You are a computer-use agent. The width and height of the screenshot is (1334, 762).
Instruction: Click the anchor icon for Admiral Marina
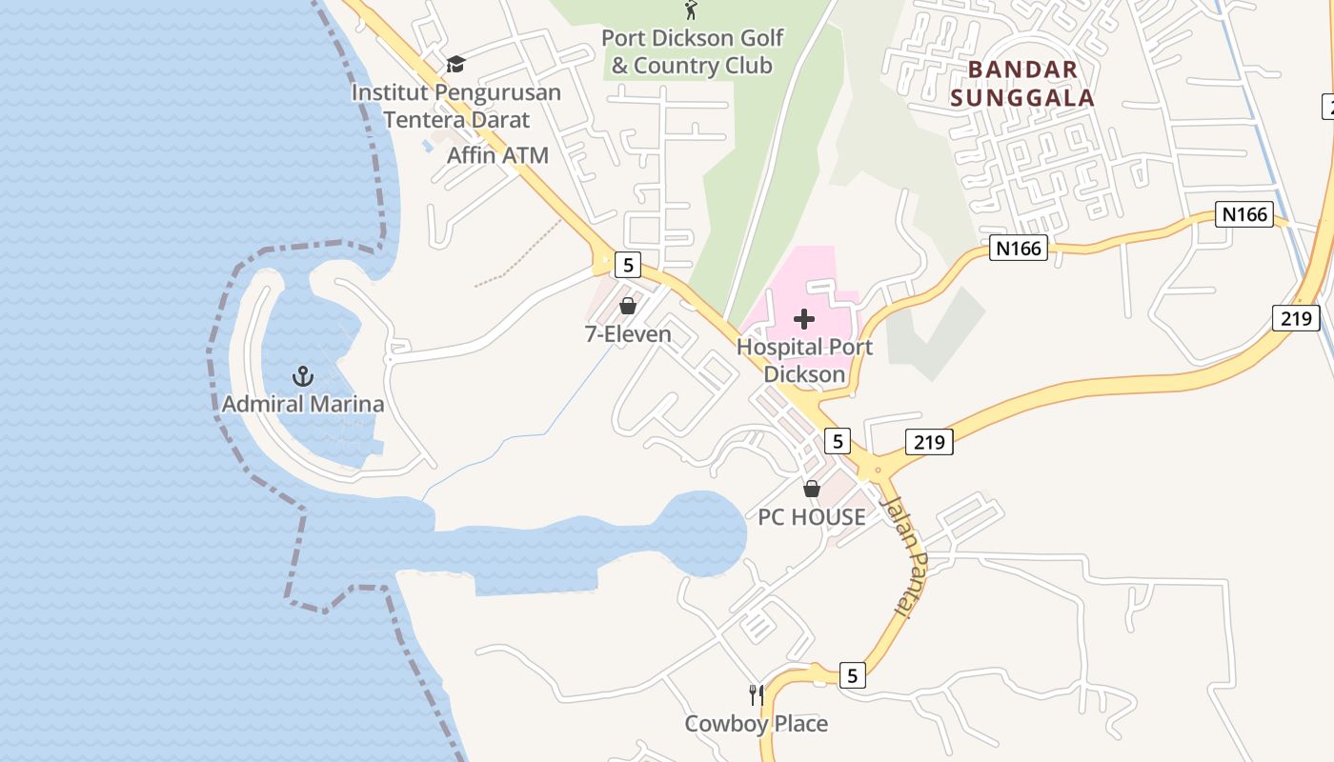302,376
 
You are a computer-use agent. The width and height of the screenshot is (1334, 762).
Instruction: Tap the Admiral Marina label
303,404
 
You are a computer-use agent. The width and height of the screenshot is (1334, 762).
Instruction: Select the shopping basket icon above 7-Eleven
628,306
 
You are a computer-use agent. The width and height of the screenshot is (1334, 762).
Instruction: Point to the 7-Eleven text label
628,334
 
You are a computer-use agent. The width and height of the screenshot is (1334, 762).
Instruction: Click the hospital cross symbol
804,319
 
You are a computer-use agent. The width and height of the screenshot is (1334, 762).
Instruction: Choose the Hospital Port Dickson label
804,360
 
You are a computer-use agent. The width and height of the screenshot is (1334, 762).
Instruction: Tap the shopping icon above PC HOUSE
812,489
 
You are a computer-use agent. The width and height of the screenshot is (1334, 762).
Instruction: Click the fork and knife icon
757,695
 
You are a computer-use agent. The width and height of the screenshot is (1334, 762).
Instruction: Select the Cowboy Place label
757,724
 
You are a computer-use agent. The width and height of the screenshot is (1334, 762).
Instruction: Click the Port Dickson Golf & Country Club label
693,51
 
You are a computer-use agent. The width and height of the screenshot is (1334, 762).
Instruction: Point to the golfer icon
691,10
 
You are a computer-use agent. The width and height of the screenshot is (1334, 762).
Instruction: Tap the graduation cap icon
455,64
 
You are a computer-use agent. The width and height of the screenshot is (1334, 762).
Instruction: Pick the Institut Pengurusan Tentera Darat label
456,106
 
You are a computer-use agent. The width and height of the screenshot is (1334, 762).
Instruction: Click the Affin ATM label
497,155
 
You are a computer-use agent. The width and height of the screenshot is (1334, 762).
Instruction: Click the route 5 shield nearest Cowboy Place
853,676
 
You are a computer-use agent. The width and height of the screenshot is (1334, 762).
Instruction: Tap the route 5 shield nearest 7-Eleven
627,264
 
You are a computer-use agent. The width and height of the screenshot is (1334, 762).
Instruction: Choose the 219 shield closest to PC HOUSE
928,441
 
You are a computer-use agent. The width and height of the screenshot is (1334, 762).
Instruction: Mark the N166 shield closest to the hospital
1019,249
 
